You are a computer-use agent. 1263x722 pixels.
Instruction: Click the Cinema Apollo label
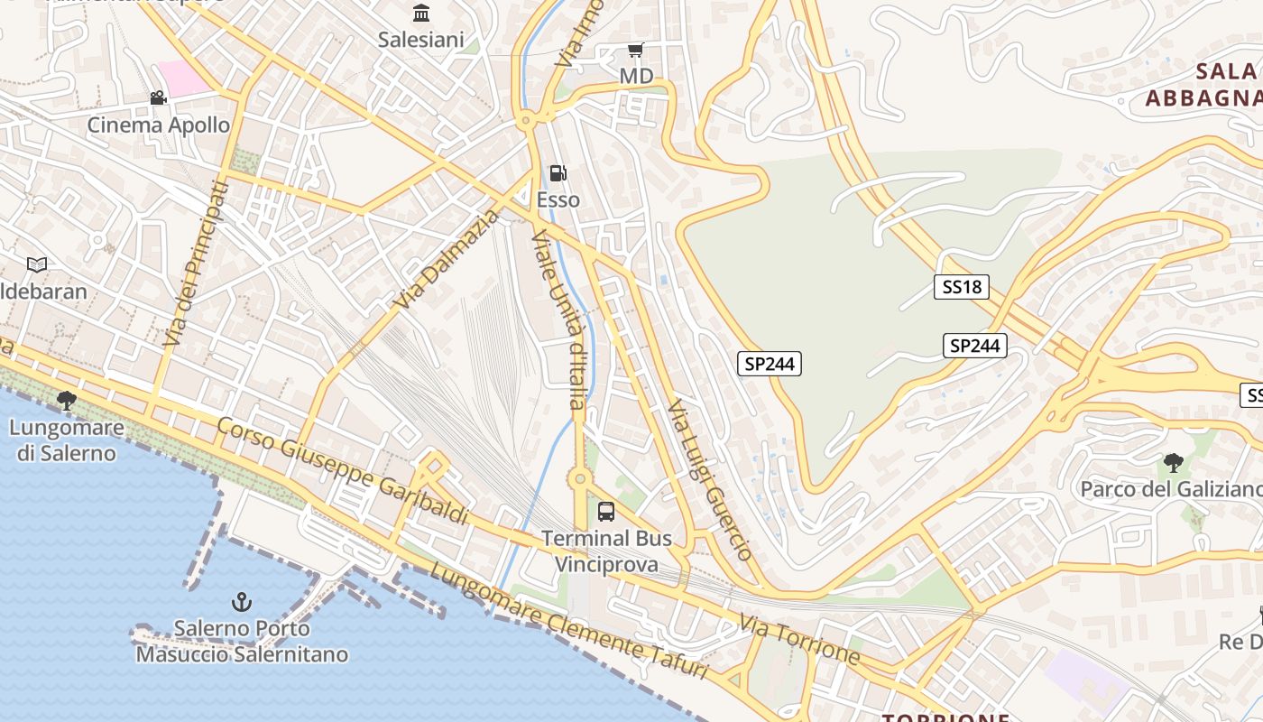click(159, 125)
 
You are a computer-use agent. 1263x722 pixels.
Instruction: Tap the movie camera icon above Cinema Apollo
click(159, 97)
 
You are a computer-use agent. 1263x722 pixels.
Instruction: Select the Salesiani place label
click(421, 40)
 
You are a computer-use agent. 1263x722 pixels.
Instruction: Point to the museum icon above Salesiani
click(421, 13)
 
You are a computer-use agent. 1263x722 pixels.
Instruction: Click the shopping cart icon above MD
click(636, 50)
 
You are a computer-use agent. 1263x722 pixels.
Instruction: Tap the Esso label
click(558, 199)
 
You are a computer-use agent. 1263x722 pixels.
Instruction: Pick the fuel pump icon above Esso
click(558, 172)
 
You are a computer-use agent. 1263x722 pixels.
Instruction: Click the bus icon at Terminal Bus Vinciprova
click(606, 512)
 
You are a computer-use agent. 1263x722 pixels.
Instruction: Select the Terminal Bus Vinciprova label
click(606, 551)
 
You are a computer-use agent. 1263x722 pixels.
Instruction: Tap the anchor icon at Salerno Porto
click(241, 601)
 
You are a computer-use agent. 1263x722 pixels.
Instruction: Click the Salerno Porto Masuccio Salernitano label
click(242, 641)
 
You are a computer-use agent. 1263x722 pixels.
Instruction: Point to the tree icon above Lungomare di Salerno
click(66, 400)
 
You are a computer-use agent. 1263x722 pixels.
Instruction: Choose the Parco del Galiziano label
click(1171, 489)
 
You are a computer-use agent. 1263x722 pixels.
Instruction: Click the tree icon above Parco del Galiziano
click(1173, 463)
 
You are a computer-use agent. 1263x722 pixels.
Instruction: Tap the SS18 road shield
click(961, 287)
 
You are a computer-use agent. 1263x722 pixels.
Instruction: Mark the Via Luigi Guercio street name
click(710, 481)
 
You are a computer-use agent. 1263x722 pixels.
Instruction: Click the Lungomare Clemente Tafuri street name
click(568, 621)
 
